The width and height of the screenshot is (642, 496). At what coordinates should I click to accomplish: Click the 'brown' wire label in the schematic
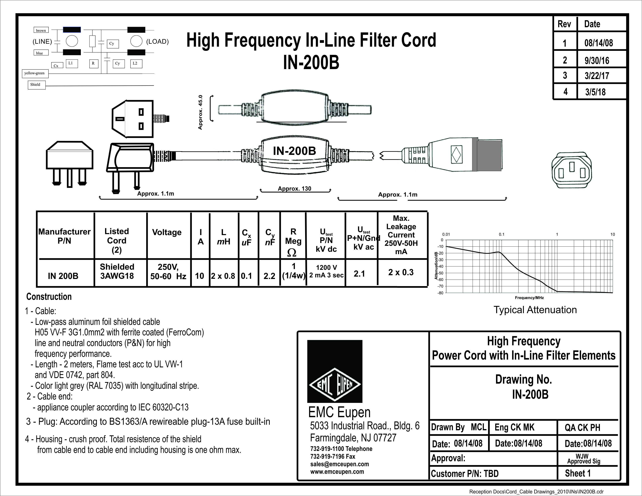coord(41,30)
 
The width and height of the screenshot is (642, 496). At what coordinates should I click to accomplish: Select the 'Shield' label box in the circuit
coord(35,85)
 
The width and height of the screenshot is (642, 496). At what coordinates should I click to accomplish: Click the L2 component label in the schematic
coord(135,63)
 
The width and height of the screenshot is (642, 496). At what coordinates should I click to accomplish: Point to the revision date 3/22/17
coord(597,76)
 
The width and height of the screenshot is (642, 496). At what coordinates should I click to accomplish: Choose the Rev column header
coord(564,24)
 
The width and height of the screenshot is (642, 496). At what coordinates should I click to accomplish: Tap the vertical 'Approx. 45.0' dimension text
coord(200,112)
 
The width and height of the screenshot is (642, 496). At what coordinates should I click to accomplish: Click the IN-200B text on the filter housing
coord(294,151)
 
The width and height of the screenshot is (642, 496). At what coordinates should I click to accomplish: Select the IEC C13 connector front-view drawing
coord(571,170)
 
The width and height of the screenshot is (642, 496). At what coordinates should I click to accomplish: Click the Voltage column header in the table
coord(167,233)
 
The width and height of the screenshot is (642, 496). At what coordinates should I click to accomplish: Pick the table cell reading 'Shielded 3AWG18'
coord(117,271)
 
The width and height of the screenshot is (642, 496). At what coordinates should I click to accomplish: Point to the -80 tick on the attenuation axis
coord(440,293)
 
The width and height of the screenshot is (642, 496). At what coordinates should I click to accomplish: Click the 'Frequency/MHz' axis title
coord(529,298)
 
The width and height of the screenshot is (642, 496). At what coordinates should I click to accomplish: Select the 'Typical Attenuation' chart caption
coord(535,310)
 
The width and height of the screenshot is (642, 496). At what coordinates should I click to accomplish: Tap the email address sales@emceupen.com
coord(339,464)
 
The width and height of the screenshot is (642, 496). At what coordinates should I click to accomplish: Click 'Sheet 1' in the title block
coord(578,473)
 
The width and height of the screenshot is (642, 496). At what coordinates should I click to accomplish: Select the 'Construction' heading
coord(49,296)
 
